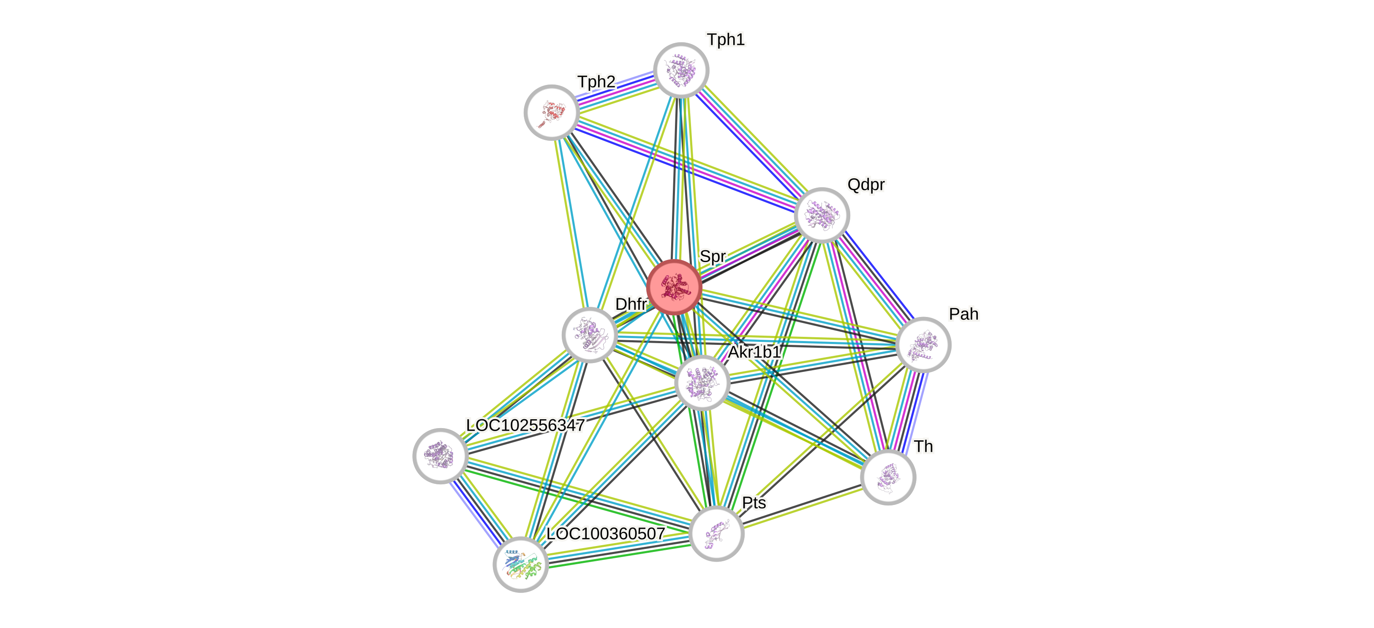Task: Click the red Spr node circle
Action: point(674,287)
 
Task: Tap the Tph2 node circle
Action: point(552,112)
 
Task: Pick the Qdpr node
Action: point(822,215)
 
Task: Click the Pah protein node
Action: point(923,345)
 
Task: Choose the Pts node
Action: point(716,534)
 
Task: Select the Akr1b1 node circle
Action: point(702,382)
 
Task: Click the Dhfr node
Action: point(589,335)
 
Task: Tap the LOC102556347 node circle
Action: point(441,456)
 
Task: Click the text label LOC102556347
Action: point(525,425)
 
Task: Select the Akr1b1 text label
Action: point(754,352)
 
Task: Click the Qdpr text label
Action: point(866,185)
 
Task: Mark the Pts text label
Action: point(754,502)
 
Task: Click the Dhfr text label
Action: point(631,303)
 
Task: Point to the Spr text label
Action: point(713,256)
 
